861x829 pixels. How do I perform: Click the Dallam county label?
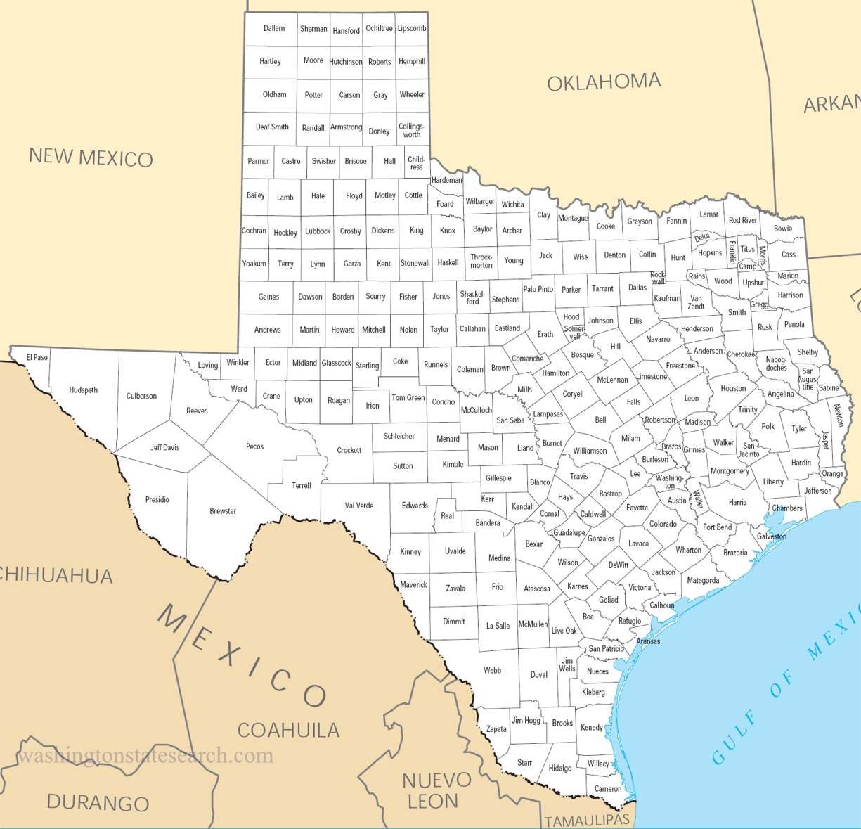[x=274, y=28]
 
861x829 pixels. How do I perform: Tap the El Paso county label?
[x=37, y=357]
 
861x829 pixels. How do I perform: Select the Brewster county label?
[x=223, y=511]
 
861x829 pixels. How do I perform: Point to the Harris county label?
[x=737, y=503]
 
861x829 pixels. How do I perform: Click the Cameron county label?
[x=608, y=788]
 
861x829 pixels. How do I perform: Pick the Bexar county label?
[x=534, y=544]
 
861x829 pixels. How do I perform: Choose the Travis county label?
[x=579, y=476]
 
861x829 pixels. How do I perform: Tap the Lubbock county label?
[x=318, y=231]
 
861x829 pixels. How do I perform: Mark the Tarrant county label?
[x=602, y=288]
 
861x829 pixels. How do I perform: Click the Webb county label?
[x=493, y=670]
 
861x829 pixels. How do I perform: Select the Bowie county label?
[x=782, y=229]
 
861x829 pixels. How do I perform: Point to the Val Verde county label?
[x=359, y=506]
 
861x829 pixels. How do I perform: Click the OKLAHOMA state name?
[x=604, y=82]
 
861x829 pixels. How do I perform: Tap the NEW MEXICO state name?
[x=91, y=157]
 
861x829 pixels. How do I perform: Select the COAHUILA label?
[x=288, y=730]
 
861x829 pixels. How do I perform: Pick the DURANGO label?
[x=98, y=802]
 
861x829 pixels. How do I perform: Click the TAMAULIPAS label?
[x=587, y=821]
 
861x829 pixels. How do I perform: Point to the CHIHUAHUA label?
[x=56, y=575]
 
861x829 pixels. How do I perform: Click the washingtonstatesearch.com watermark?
[x=145, y=756]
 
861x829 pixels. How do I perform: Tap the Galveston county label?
[x=772, y=536]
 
